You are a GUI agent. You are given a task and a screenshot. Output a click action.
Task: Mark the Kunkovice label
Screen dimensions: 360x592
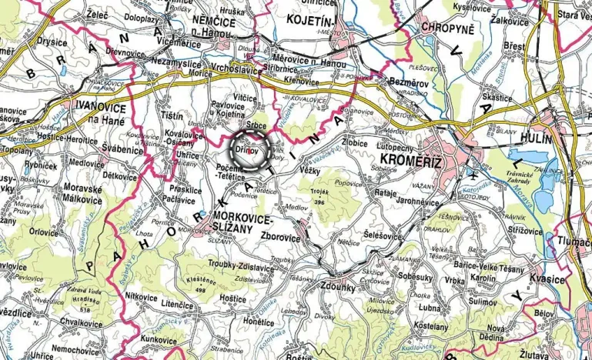click(159, 338)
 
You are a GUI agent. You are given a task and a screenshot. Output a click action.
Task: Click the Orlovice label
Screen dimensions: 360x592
click(43, 231)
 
